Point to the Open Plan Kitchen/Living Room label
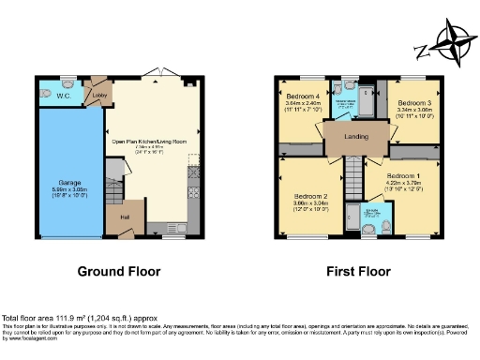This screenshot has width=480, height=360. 149,141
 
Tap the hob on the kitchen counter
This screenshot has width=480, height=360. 194,176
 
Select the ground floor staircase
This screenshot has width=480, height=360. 112,184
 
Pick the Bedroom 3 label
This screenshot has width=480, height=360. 412,101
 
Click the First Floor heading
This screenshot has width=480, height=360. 357,272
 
